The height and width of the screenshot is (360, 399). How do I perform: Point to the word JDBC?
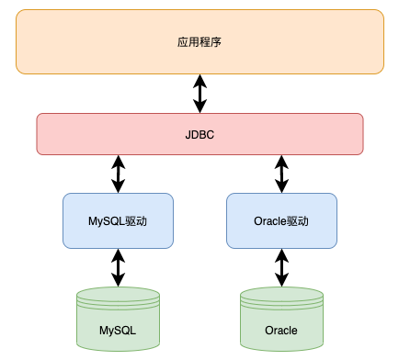199,135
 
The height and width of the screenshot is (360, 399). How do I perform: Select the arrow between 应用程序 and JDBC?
199,94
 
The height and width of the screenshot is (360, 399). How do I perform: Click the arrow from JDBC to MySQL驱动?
118,174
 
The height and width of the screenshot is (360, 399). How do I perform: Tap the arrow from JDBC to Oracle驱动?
281,174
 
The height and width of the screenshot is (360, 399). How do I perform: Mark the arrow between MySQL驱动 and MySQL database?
118,267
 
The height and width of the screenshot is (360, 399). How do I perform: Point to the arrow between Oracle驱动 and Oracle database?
281,267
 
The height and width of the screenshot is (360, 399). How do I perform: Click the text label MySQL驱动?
118,221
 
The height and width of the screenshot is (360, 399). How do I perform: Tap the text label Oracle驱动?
281,221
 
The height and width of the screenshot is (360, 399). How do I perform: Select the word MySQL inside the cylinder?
118,330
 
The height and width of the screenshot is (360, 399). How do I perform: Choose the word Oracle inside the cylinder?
281,330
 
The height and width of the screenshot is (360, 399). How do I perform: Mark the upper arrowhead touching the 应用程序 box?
199,79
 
